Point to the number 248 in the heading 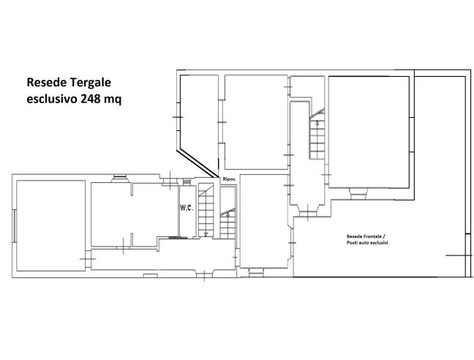click(x=91, y=99)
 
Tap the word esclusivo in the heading click(x=52, y=99)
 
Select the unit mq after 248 click(x=113, y=100)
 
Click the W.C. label click(x=187, y=208)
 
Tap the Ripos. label click(x=229, y=179)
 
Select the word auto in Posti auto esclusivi click(x=364, y=243)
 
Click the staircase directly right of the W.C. click(x=206, y=211)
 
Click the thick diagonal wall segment click(x=197, y=163)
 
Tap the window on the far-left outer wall click(x=15, y=226)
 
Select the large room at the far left click(x=50, y=226)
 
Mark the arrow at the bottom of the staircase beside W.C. click(x=206, y=234)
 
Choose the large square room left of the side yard click(x=369, y=132)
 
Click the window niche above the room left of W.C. click(x=120, y=179)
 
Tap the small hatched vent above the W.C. click(x=187, y=181)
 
